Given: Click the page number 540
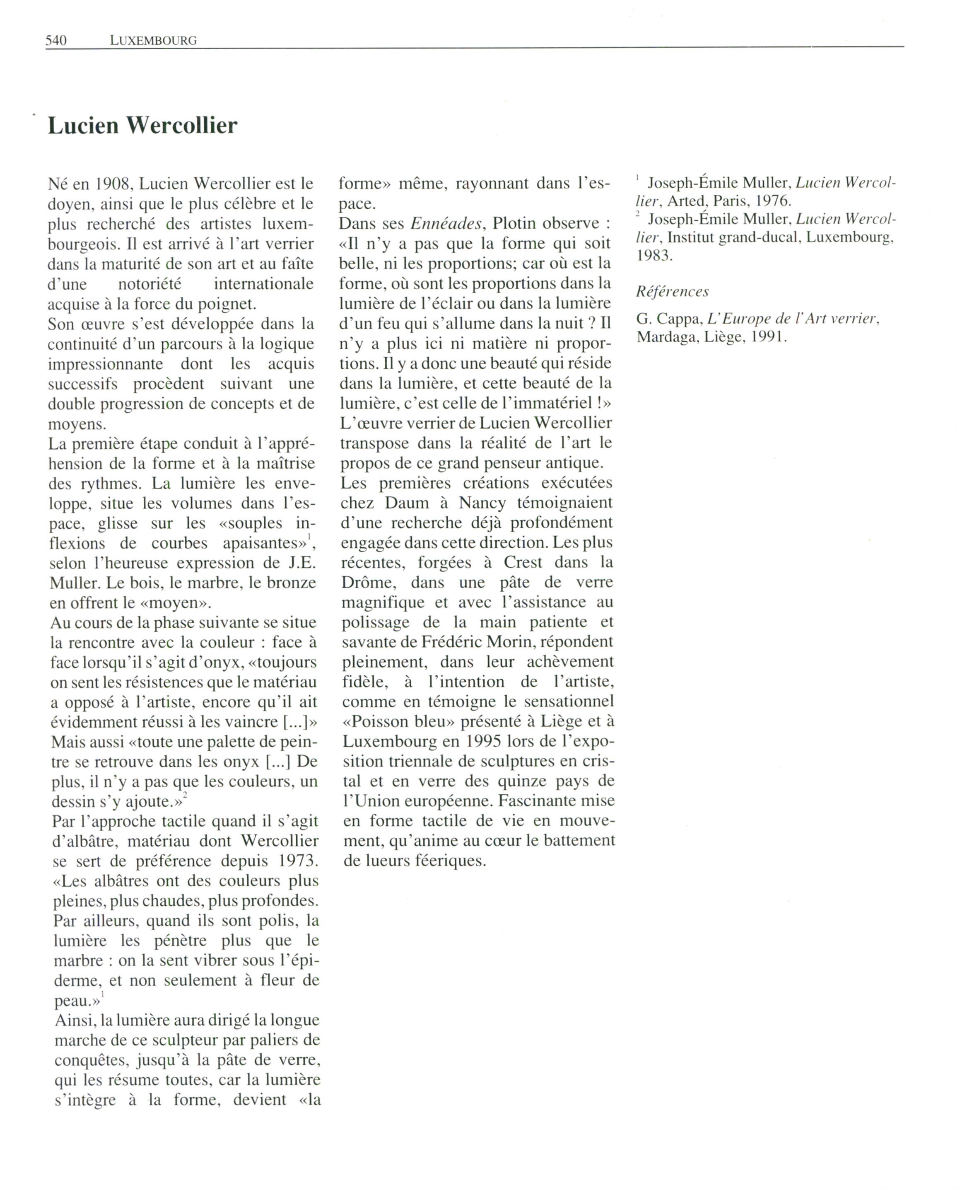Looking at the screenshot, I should (x=56, y=40).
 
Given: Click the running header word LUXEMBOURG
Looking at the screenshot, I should (x=153, y=40).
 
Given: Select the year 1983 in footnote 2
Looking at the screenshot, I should (x=654, y=256).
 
